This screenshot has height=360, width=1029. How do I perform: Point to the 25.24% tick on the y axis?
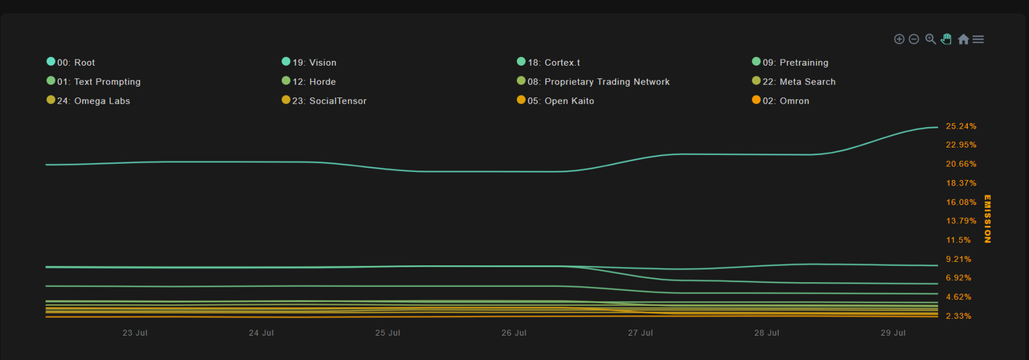pos(961,126)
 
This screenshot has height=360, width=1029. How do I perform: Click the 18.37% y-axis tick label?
pos(961,183)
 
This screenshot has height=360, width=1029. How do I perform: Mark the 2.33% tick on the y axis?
pos(959,316)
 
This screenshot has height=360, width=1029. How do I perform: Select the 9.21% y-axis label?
pos(959,259)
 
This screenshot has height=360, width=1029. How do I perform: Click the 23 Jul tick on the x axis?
pos(135,333)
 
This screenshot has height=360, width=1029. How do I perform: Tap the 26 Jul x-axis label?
pos(514,333)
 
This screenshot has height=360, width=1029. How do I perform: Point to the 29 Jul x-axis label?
pos(893,333)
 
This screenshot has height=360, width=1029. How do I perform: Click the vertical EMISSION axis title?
pos(988,219)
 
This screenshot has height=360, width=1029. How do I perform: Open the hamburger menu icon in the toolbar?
pos(978,39)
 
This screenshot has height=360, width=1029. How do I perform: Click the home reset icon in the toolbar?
pos(963,39)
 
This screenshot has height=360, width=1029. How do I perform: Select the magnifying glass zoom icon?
pos(930,39)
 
